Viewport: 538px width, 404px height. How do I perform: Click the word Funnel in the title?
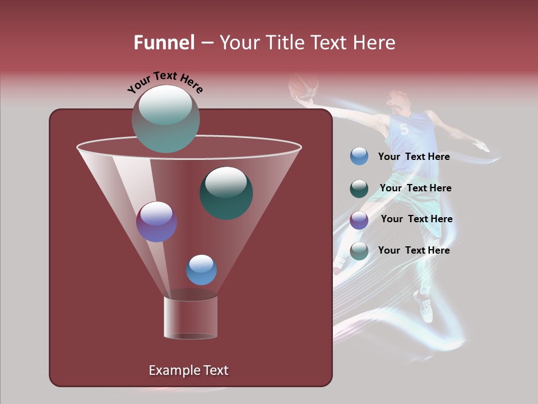(164, 43)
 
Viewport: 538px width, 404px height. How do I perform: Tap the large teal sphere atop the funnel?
(165, 118)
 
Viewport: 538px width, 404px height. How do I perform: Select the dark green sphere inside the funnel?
(226, 192)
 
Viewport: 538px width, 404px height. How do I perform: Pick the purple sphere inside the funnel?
(156, 222)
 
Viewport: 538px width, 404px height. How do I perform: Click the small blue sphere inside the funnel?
(201, 270)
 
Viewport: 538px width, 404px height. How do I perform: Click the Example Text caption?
(188, 370)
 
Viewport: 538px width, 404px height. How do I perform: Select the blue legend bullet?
(359, 157)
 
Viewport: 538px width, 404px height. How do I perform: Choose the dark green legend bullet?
(359, 189)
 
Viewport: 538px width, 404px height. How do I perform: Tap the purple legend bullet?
(359, 219)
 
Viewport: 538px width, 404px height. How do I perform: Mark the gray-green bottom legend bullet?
(359, 251)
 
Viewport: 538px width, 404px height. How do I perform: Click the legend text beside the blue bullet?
(414, 157)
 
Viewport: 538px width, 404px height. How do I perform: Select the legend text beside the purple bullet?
(416, 219)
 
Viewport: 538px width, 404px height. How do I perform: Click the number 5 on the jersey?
(404, 130)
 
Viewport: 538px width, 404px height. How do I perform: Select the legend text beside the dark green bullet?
(415, 188)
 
